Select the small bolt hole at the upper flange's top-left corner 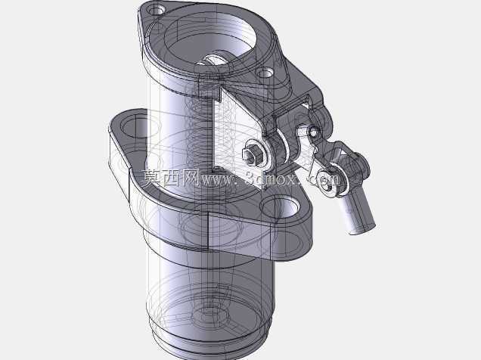click(158, 10)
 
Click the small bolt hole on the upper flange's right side click(265, 73)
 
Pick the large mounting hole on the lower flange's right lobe click(279, 207)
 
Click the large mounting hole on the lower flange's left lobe click(132, 127)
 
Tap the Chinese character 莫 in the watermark click(152, 178)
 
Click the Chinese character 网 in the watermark click(192, 178)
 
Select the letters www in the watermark click(216, 180)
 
